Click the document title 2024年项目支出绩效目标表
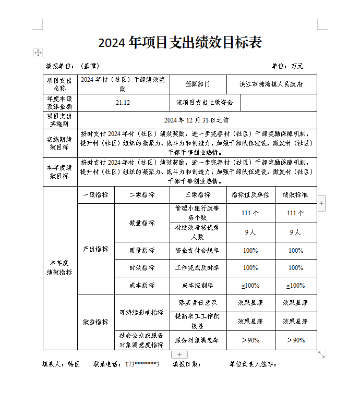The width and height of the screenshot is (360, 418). (x=179, y=43)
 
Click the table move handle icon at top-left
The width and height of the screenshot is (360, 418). (x=38, y=53)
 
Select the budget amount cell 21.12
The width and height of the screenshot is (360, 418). (x=123, y=103)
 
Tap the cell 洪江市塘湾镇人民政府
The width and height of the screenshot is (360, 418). (x=271, y=84)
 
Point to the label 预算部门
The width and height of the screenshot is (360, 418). (x=198, y=84)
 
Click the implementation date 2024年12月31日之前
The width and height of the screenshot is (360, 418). (x=196, y=120)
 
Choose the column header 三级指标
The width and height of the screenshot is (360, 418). (x=198, y=194)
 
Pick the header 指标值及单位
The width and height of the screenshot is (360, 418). (x=250, y=194)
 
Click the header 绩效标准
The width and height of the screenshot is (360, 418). (x=295, y=194)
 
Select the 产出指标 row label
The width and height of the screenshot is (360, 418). (x=95, y=249)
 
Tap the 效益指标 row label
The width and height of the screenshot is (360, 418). (x=95, y=322)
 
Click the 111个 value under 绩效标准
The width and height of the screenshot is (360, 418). (x=295, y=213)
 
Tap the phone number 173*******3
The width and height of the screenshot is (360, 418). (x=142, y=364)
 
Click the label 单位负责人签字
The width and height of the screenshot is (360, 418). (x=253, y=364)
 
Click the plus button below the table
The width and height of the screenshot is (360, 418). (x=179, y=354)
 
